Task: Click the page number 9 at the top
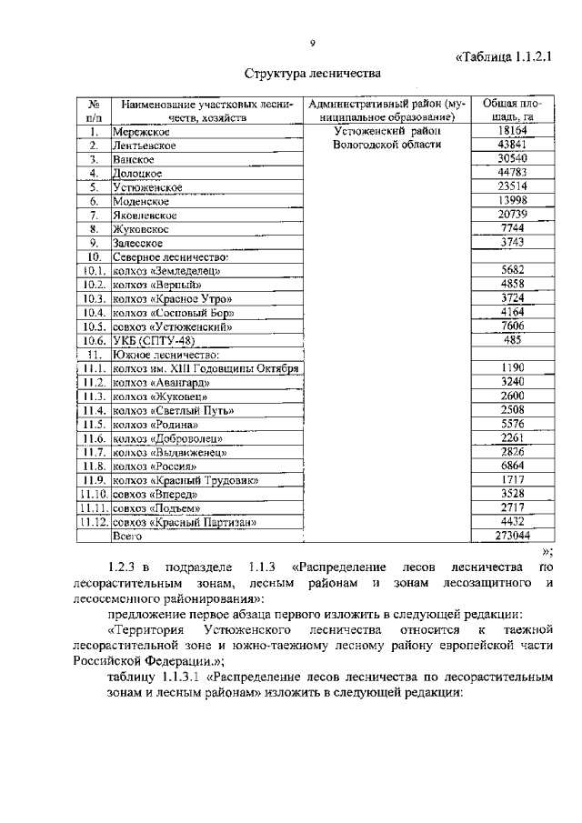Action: tap(312, 43)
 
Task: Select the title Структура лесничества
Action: tap(312, 73)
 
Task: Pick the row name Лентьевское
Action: tap(144, 146)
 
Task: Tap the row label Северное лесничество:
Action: tap(170, 257)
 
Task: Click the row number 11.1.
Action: tap(93, 368)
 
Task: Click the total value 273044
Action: tap(507, 536)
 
